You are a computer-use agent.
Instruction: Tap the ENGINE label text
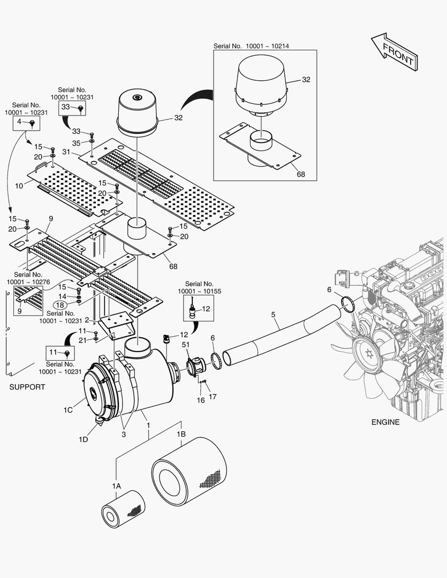click(385, 422)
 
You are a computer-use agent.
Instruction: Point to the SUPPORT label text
click(27, 387)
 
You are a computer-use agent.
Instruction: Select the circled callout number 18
click(59, 305)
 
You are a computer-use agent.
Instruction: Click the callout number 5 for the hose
click(274, 315)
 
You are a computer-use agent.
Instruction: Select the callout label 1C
click(68, 410)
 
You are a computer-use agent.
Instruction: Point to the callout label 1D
click(83, 439)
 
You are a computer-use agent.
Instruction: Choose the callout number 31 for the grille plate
click(66, 152)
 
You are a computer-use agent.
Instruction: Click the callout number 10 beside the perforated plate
click(19, 186)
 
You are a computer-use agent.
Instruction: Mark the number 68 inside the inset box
click(301, 174)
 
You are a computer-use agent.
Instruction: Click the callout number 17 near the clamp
click(213, 397)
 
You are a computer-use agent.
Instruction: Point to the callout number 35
click(76, 143)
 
